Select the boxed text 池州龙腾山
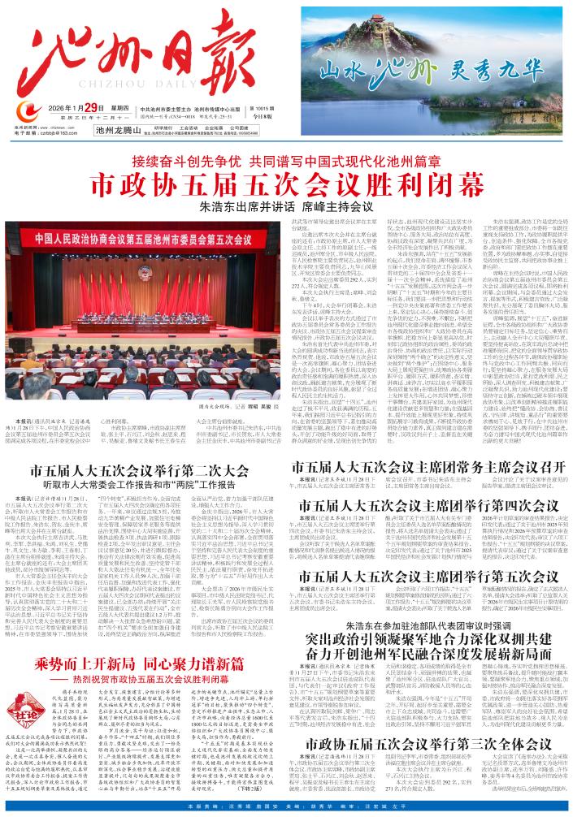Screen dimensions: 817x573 coord(118,128)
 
